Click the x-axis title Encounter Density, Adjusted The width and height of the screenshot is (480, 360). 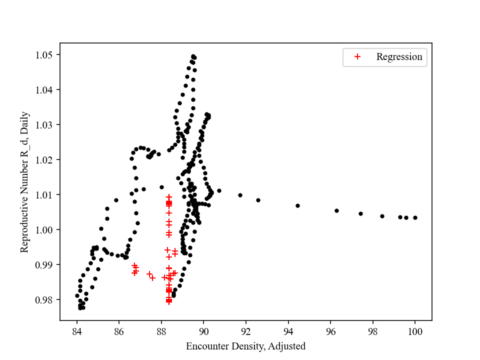pyautogui.click(x=245, y=346)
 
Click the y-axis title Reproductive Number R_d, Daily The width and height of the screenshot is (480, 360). pyautogui.click(x=25, y=181)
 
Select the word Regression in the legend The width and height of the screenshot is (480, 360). pyautogui.click(x=399, y=57)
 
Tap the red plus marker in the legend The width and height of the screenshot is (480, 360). pyautogui.click(x=357, y=57)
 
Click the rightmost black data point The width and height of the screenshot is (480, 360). pyautogui.click(x=415, y=217)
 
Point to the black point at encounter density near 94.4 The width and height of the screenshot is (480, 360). pyautogui.click(x=297, y=205)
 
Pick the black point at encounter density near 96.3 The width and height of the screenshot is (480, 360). pyautogui.click(x=336, y=210)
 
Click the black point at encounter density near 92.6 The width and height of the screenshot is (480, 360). pyautogui.click(x=258, y=200)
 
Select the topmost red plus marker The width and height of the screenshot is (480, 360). pyautogui.click(x=169, y=197)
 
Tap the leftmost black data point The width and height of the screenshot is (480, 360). pyautogui.click(x=77, y=295)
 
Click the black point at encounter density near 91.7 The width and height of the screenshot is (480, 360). pyautogui.click(x=240, y=195)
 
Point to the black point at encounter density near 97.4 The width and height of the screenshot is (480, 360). pyautogui.click(x=360, y=213)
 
